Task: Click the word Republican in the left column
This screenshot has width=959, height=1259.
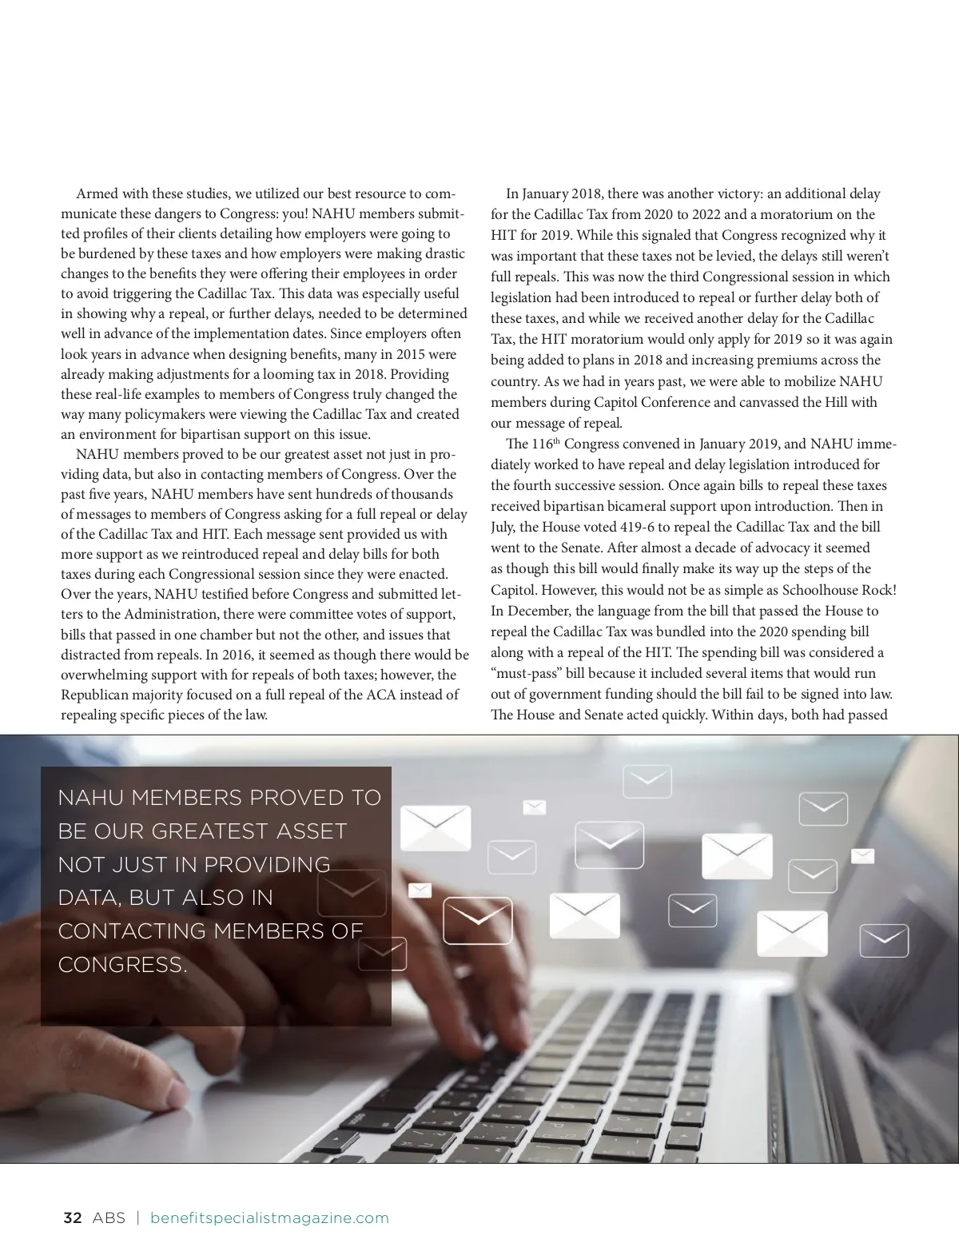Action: pos(94,695)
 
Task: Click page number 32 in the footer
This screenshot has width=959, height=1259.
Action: pos(72,1218)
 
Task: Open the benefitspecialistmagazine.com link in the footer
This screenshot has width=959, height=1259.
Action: pos(269,1218)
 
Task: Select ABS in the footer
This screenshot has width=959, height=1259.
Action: pos(109,1218)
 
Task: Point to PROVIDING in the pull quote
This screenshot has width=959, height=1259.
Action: pos(267,865)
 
